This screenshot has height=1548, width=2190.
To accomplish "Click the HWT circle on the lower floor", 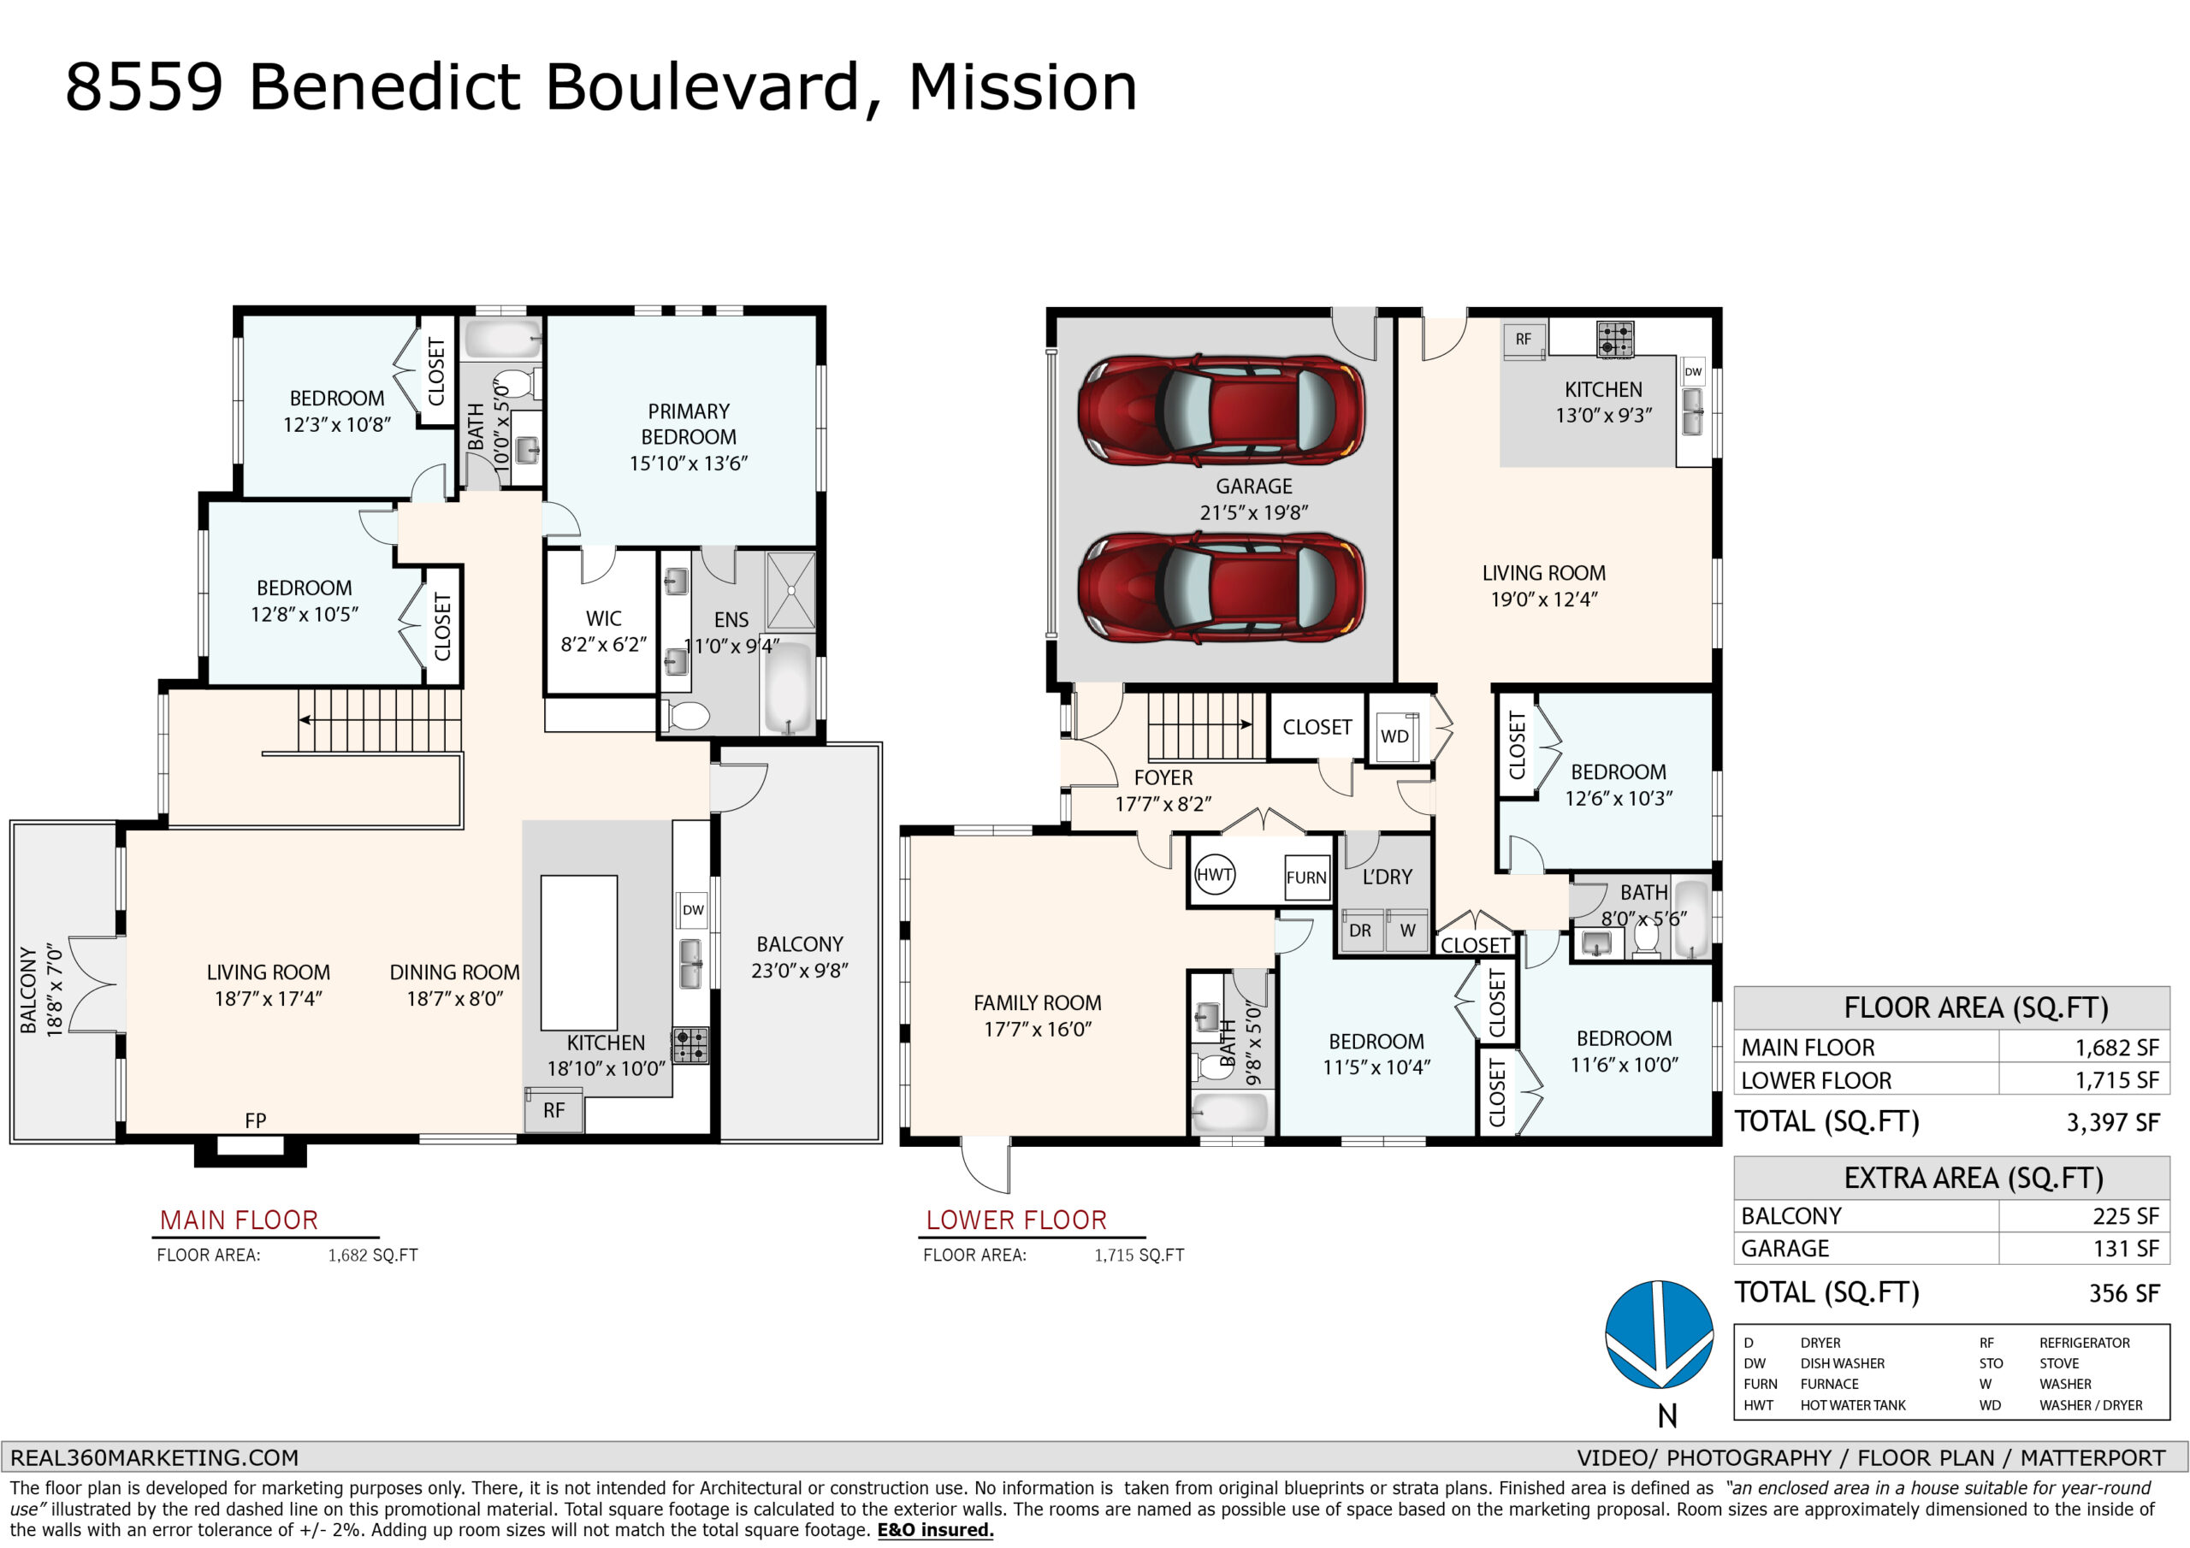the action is pos(1214,875).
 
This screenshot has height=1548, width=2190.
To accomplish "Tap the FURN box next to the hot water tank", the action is pos(1305,877).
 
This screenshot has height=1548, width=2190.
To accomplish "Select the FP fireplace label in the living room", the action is pos(255,1120).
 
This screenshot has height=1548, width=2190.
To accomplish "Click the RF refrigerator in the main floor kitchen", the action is pos(554,1110).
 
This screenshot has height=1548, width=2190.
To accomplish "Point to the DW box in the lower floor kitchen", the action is pos(1693,372).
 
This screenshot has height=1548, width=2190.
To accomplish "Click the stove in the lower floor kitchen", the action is pos(1615,340).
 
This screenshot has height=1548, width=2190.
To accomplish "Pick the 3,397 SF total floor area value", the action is pos(2113,1123).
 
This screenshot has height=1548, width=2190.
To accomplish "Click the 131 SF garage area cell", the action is pos(2126,1249).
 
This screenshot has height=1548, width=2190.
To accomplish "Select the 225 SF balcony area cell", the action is pos(2125,1216).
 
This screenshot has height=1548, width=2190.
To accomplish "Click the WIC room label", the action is pos(604,618).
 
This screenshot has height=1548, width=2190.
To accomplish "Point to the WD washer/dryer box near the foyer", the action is pos(1394,736).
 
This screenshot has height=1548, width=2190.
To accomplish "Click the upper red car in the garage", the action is pos(1221,411).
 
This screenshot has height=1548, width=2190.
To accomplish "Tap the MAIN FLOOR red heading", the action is pos(239,1220).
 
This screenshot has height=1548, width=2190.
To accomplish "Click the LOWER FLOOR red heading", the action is pos(1017,1220).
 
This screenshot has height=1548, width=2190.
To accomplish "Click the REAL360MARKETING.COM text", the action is pos(155,1457).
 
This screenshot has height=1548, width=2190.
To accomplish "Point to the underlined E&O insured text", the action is pos(936,1530).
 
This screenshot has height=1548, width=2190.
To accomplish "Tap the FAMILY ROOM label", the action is pos(1038,1002).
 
